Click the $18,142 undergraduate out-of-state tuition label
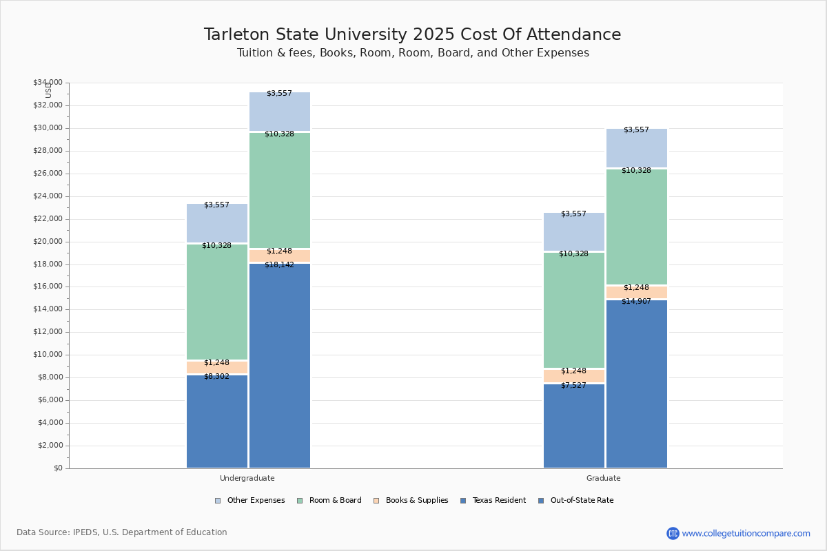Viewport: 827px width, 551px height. click(x=279, y=264)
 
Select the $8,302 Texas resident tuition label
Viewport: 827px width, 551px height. click(x=216, y=376)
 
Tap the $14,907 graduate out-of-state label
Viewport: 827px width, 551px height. click(x=636, y=301)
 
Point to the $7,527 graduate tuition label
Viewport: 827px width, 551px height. click(x=573, y=385)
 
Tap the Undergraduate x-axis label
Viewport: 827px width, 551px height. click(x=247, y=478)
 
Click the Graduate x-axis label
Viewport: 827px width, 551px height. click(x=603, y=478)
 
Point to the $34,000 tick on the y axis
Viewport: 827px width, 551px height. click(x=48, y=83)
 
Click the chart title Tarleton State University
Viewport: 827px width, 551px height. click(x=412, y=34)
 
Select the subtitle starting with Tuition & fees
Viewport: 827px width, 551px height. click(x=412, y=53)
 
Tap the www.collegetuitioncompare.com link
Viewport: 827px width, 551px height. click(x=746, y=533)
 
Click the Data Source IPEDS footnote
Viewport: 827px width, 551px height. click(x=122, y=532)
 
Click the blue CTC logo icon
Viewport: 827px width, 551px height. click(x=673, y=533)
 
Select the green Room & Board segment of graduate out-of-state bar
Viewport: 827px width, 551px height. click(x=636, y=227)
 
